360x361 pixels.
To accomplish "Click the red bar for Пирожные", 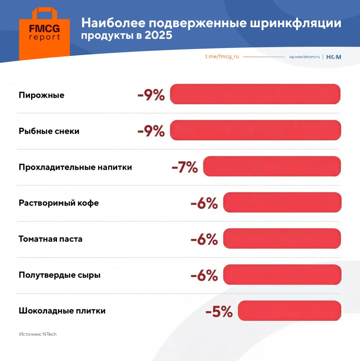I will coord(255,94).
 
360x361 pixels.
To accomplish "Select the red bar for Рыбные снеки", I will coord(255,130).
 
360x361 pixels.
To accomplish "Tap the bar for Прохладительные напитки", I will coord(272,166).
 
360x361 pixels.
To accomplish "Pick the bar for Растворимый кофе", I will coord(282,202).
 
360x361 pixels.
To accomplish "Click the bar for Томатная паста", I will coord(282,238).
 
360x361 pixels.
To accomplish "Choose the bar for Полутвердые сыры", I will coord(282,274).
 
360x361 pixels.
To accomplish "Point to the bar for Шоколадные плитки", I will coord(289,311).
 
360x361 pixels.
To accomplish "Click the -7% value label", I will coord(185,167).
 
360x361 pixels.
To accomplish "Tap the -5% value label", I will coord(219,311).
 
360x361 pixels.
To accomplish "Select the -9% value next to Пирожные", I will coord(151,95).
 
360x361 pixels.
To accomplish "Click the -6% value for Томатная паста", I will coord(204,239).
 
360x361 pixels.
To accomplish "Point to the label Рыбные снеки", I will coord(49,131).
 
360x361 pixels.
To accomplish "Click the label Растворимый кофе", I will coord(59,203).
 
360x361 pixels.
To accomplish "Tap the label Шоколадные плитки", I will coord(62,311).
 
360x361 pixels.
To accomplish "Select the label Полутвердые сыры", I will coord(60,275).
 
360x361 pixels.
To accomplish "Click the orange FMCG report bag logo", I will coord(44,34).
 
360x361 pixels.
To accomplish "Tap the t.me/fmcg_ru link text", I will coord(222,56).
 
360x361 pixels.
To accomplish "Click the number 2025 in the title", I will coord(158,35).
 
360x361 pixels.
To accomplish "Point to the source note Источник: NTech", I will coord(38,334).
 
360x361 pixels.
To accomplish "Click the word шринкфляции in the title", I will coord(295,23).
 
